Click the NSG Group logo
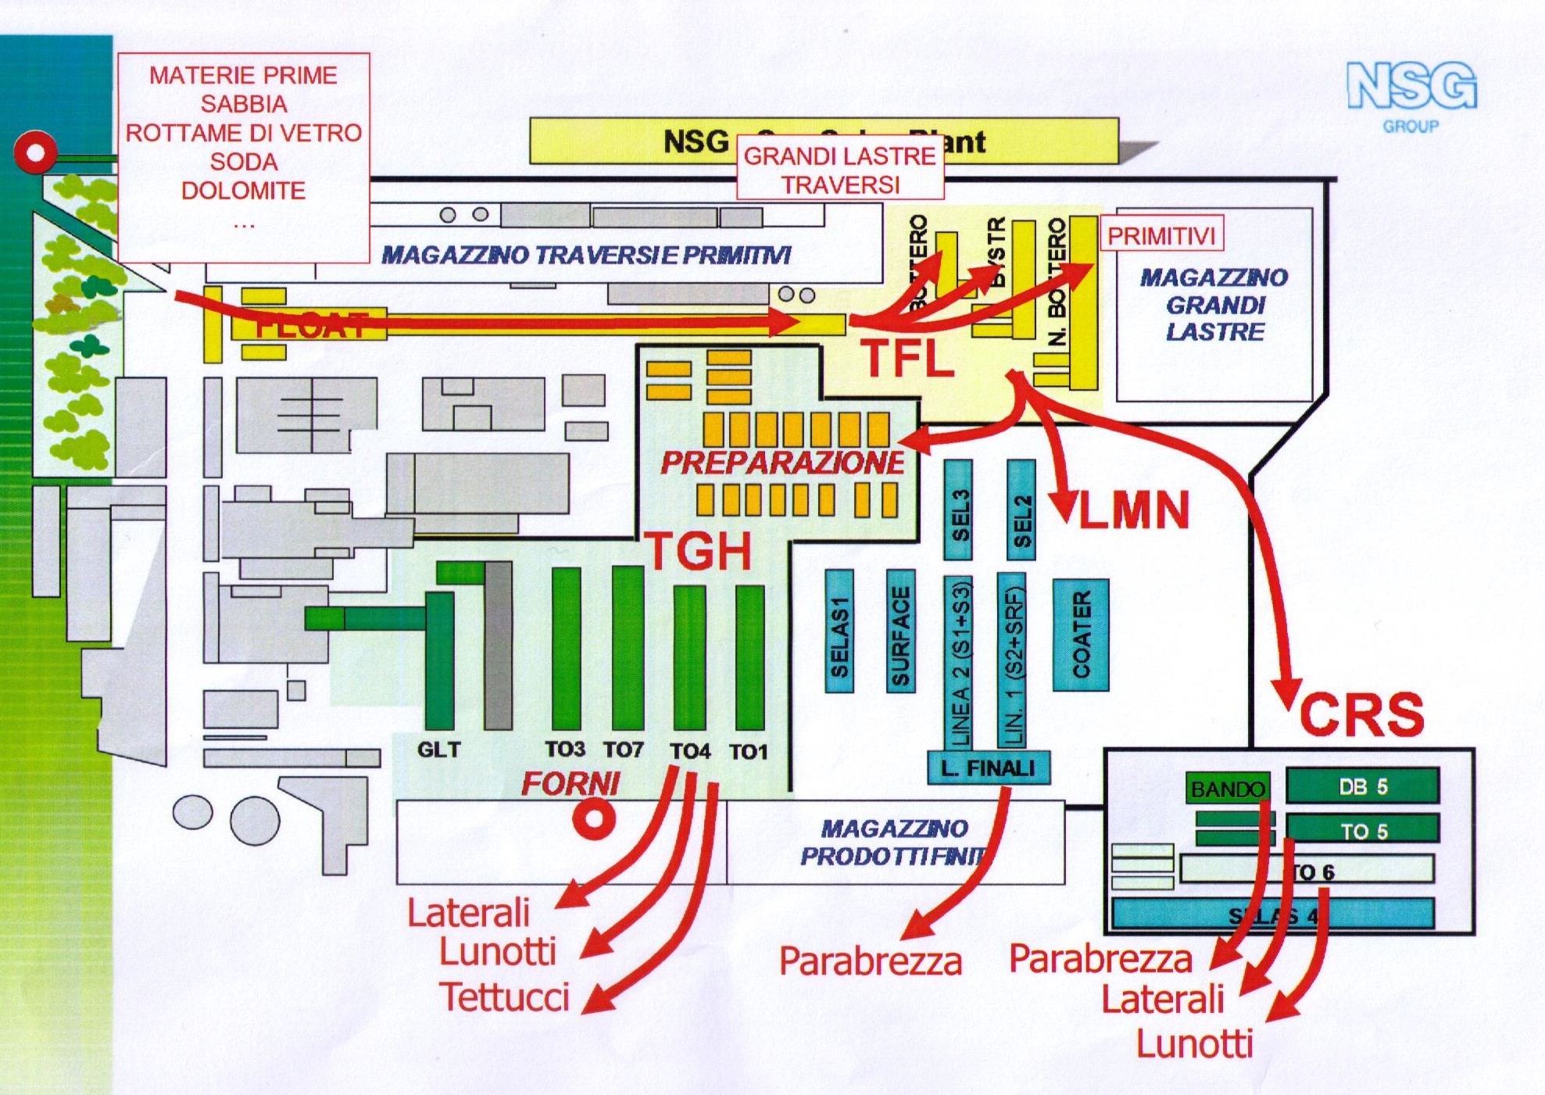pyautogui.click(x=1411, y=94)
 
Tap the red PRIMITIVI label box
pyautogui.click(x=1161, y=234)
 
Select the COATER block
pyautogui.click(x=1081, y=635)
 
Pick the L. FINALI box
pyautogui.click(x=988, y=768)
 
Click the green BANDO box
pyautogui.click(x=1227, y=789)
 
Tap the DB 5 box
pyautogui.click(x=1362, y=786)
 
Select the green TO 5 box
pyautogui.click(x=1362, y=830)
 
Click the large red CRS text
pyautogui.click(x=1361, y=714)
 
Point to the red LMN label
pyautogui.click(x=1133, y=510)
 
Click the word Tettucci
pyautogui.click(x=505, y=997)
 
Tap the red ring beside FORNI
pyautogui.click(x=594, y=819)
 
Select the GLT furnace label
pyautogui.click(x=438, y=750)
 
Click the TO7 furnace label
pyautogui.click(x=623, y=750)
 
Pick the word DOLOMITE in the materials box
pyautogui.click(x=243, y=191)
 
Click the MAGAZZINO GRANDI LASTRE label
pyautogui.click(x=1214, y=305)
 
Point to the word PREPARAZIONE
pyautogui.click(x=782, y=463)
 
